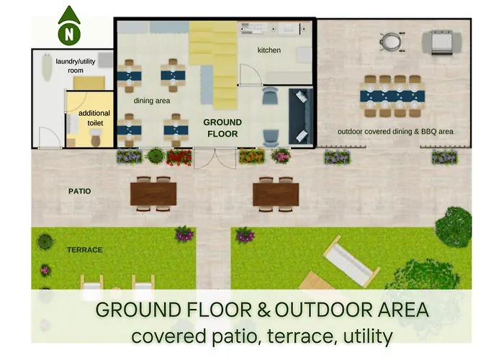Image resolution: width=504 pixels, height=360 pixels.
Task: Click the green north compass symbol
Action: click(x=69, y=27)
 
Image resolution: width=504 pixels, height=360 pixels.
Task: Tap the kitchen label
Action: click(x=269, y=50)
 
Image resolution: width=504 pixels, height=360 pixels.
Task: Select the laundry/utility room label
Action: click(x=76, y=66)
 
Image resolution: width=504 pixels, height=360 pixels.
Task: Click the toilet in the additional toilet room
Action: click(x=96, y=138)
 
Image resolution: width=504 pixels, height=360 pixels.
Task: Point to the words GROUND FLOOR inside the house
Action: click(x=222, y=128)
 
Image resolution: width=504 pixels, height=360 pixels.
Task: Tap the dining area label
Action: click(x=152, y=101)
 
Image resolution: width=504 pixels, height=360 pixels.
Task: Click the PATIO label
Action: click(x=80, y=192)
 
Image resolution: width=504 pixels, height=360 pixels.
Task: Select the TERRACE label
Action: click(x=85, y=250)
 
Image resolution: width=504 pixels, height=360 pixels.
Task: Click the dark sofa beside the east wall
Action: click(x=301, y=117)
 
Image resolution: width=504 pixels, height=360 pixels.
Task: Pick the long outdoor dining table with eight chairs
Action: click(x=392, y=96)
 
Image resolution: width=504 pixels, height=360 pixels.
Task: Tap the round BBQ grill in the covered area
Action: click(x=392, y=42)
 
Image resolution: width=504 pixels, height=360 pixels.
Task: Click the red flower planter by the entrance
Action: click(x=179, y=158)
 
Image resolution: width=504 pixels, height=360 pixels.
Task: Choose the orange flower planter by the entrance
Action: click(x=252, y=156)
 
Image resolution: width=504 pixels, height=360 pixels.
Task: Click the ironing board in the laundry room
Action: click(x=47, y=67)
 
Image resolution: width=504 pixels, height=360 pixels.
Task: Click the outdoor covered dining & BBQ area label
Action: click(x=395, y=132)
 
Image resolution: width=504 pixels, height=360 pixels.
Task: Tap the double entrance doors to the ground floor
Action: click(x=215, y=159)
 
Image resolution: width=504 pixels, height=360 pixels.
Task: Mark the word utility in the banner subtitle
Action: click(x=368, y=336)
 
